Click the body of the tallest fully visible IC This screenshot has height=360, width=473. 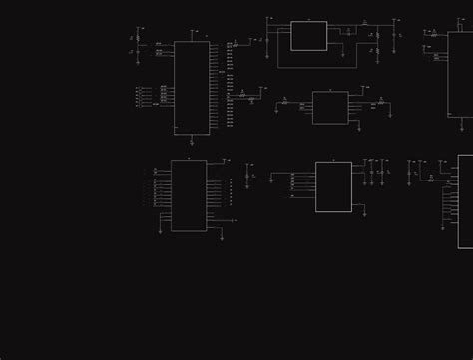[192, 88]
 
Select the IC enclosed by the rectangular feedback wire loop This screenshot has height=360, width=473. [308, 36]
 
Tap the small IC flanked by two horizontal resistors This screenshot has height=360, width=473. [330, 108]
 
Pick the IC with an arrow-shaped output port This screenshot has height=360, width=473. [189, 195]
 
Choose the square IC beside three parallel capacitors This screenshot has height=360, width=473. [333, 186]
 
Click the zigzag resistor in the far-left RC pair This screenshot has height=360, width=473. [138, 38]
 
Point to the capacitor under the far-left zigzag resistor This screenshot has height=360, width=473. [138, 51]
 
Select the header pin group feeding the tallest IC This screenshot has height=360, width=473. [139, 97]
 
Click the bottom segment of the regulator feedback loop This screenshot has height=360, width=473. [309, 68]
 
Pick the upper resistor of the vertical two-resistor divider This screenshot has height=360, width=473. [377, 36]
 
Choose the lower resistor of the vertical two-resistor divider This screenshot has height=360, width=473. [377, 50]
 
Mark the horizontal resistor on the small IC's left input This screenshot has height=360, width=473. [285, 102]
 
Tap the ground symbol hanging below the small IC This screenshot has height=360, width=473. [358, 129]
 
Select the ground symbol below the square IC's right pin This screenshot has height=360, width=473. [364, 213]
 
